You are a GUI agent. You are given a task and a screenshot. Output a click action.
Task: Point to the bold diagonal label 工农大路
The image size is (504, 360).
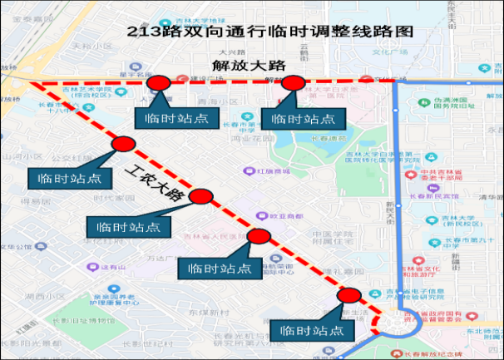click(x=156, y=184)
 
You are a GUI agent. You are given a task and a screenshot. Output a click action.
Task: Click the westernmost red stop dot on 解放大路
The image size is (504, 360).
click(x=158, y=82)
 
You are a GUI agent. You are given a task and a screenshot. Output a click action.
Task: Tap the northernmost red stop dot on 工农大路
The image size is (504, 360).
click(x=123, y=145)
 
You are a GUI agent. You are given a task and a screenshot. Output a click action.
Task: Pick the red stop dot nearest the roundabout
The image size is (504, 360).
click(x=349, y=296)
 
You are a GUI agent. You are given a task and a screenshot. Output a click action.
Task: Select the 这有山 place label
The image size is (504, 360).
click(x=111, y=267)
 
